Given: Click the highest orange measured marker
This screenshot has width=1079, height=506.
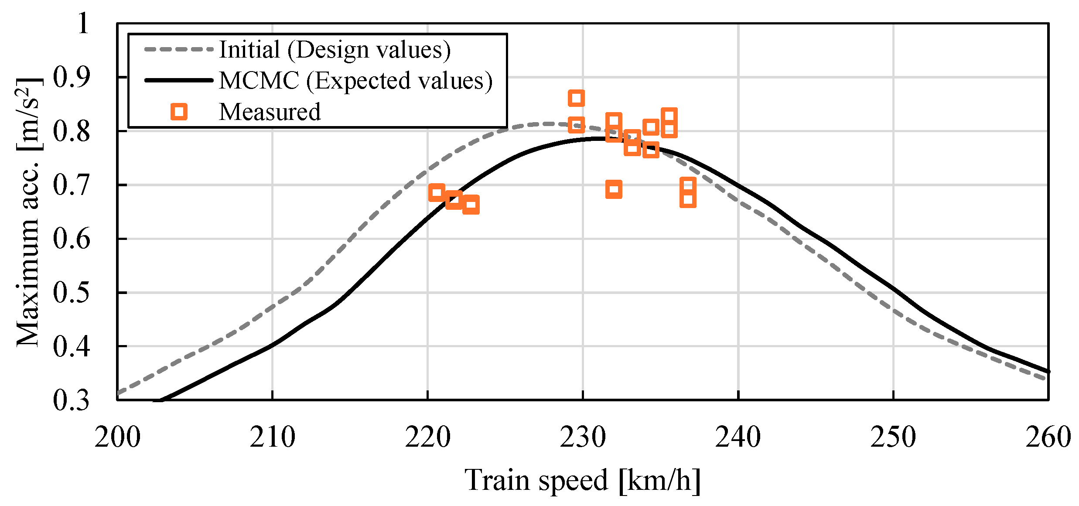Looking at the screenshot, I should pyautogui.click(x=576, y=98).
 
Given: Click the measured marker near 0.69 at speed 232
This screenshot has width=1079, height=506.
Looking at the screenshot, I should pyautogui.click(x=614, y=189).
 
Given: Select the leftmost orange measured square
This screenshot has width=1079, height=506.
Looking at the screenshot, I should pyautogui.click(x=437, y=192).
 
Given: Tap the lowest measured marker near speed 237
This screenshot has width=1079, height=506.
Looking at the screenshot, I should pyautogui.click(x=688, y=200).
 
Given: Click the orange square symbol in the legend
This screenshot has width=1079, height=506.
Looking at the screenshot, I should pyautogui.click(x=179, y=112).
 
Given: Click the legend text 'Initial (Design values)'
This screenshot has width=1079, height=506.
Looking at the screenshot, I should pyautogui.click(x=335, y=49).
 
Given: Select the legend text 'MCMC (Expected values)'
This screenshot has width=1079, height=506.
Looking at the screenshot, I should pyautogui.click(x=355, y=81).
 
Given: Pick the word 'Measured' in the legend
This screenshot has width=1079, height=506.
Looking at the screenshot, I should pyautogui.click(x=270, y=112).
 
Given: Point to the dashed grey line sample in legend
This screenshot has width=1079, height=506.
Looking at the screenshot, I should pyautogui.click(x=179, y=49).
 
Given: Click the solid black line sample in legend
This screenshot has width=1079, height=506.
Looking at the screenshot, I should pyautogui.click(x=179, y=81).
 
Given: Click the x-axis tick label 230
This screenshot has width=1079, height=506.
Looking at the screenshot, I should pyautogui.click(x=583, y=438).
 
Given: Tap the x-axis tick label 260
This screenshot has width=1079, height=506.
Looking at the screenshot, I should pyautogui.click(x=1048, y=438).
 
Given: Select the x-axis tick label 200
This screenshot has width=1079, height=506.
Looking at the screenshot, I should pyautogui.click(x=117, y=438).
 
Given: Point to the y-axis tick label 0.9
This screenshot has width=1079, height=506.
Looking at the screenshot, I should pyautogui.click(x=71, y=77).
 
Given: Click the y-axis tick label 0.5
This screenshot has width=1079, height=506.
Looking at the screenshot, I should pyautogui.click(x=71, y=292).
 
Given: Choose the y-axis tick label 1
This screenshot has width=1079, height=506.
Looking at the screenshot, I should pyautogui.click(x=83, y=23).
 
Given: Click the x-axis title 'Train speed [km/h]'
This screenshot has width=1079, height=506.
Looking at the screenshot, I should pyautogui.click(x=583, y=480).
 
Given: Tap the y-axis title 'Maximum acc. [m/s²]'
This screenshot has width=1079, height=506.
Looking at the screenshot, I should pyautogui.click(x=28, y=212).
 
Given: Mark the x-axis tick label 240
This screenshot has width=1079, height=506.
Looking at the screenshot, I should pyautogui.click(x=738, y=438).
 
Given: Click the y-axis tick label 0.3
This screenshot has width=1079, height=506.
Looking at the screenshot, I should pyautogui.click(x=71, y=400).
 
